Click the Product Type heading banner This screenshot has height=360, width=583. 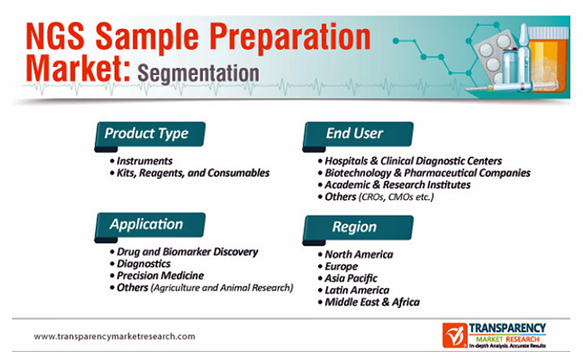[x=150, y=134]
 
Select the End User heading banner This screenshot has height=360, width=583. [x=358, y=134]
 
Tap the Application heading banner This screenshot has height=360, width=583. [x=150, y=226]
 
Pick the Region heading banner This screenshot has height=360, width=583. [x=358, y=228]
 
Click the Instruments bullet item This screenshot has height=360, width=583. [x=141, y=161]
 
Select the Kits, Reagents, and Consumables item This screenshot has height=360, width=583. [x=190, y=173]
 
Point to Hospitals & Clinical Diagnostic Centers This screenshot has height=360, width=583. [x=410, y=161]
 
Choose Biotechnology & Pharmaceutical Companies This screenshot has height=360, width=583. [x=424, y=173]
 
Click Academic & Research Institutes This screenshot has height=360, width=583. [x=394, y=185]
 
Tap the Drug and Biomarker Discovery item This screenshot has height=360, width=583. [x=184, y=252]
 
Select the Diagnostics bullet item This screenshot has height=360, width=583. [x=140, y=264]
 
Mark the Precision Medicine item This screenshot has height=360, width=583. [x=157, y=276]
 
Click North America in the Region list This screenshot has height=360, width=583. [x=355, y=255]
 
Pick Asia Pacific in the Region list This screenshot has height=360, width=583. [x=348, y=278]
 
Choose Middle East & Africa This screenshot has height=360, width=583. [x=369, y=302]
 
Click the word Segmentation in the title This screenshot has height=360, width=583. [x=199, y=73]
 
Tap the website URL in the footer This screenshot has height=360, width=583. [x=114, y=337]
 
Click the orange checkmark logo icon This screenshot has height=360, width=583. [x=455, y=335]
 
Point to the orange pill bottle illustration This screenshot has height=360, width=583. [x=548, y=59]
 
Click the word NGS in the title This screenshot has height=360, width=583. [x=55, y=36]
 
